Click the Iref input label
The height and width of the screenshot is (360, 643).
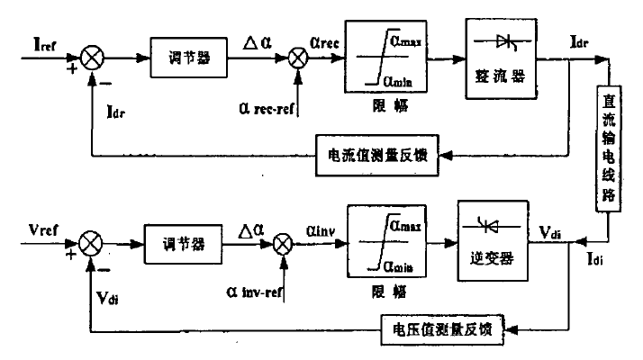46,44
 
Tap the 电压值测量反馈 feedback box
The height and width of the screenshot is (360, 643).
443,326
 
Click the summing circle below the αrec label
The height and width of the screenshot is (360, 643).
296,60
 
